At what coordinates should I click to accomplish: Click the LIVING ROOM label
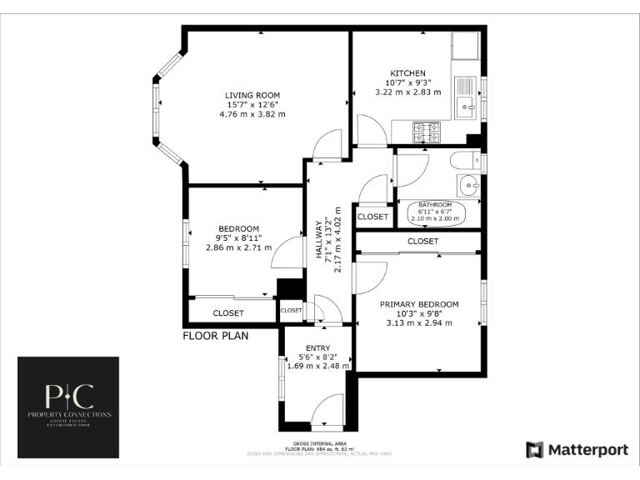coord(252,95)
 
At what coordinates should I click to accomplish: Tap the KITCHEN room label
coord(407,73)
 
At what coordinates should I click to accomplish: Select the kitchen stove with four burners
coord(427,130)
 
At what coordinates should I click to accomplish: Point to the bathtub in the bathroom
coord(435,214)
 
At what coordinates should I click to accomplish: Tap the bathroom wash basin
coord(468,185)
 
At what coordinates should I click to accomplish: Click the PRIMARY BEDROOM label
coord(419,304)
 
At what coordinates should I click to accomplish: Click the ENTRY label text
coord(317,348)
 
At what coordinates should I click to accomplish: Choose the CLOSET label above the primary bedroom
coord(422,242)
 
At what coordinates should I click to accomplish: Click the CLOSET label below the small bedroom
coord(228,313)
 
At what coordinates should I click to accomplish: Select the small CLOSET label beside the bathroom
coord(372,217)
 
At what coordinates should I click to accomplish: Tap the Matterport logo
coord(577,450)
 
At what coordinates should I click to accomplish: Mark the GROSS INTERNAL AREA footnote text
coord(320,442)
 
